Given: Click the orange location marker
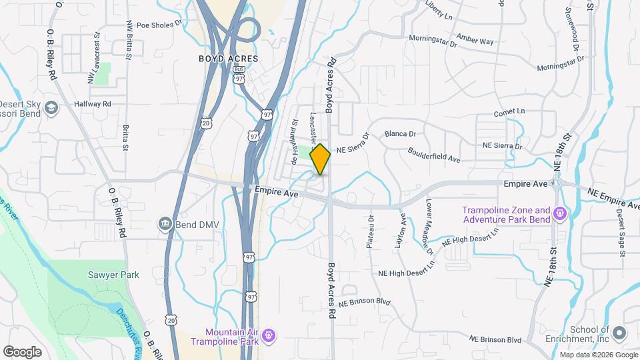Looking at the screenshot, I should tap(321, 159).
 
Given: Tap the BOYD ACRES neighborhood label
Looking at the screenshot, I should tap(228, 59).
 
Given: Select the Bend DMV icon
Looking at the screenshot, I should tap(165, 224).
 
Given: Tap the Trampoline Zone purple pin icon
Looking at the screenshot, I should tap(560, 213).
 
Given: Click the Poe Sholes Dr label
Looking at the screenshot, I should tap(159, 25).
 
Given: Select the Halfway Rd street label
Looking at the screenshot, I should tap(92, 104).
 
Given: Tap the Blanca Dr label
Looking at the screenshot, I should tap(400, 133).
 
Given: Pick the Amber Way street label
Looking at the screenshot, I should tap(475, 40).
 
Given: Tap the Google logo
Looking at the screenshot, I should tap(22, 351).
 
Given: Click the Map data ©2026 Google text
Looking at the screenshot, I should tap(598, 354).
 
